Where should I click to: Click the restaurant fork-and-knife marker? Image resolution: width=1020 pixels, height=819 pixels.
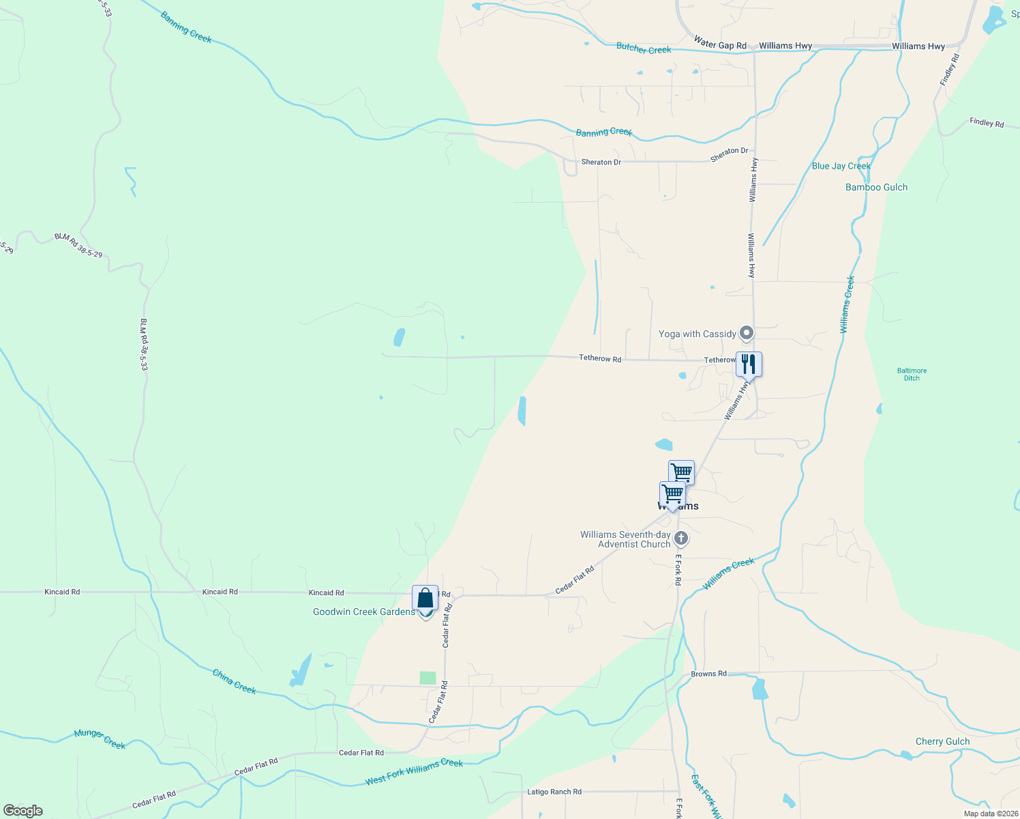(749, 364)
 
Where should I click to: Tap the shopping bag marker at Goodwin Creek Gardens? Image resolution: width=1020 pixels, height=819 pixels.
(425, 598)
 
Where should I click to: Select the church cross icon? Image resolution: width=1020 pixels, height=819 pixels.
(680, 538)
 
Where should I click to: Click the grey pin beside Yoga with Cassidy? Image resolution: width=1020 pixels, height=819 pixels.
(747, 333)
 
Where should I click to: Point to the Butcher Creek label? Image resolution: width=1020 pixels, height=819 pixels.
(644, 48)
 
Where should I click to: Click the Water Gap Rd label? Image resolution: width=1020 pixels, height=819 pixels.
(720, 44)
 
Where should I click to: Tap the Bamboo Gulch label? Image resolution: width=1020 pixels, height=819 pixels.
(876, 187)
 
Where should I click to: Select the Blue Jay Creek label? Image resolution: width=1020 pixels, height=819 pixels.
(841, 166)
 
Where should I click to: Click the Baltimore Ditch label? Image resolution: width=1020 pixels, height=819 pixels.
(912, 374)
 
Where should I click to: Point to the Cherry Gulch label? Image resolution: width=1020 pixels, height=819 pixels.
(942, 741)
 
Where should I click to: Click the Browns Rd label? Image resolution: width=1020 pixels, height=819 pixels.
(708, 674)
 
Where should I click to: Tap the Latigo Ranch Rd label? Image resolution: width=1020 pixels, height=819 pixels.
(554, 792)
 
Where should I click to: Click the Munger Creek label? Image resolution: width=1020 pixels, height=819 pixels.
(100, 738)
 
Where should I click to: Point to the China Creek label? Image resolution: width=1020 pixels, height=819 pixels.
(235, 681)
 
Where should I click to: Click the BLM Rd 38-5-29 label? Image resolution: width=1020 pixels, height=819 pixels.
(78, 246)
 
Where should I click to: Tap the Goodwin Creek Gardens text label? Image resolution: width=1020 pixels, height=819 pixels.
(363, 612)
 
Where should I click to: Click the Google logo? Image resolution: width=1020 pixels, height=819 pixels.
(23, 811)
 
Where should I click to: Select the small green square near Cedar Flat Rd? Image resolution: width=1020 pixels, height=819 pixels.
(427, 678)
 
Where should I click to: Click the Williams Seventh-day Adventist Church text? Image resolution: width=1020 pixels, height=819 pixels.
(625, 539)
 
